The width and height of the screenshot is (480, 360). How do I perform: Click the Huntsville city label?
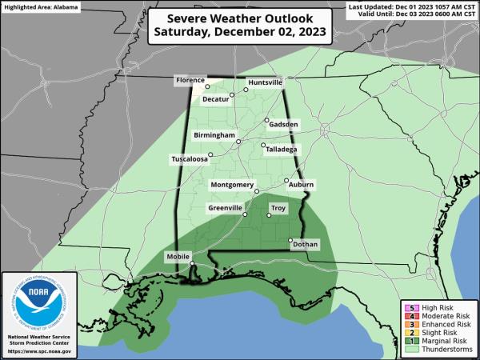point(266,82)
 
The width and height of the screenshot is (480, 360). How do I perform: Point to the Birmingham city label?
point(213,136)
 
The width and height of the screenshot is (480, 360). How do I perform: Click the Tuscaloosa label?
point(190,159)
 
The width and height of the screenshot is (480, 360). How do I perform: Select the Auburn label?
point(302,185)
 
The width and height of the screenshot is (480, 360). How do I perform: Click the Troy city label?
point(278,208)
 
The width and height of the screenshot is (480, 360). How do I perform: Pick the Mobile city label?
point(178,256)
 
